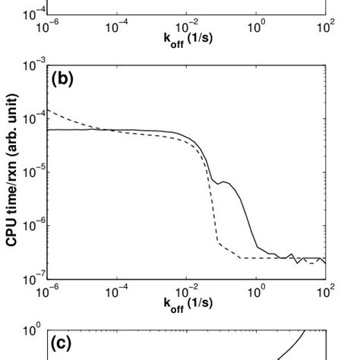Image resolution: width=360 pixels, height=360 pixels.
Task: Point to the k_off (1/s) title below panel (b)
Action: (188, 303)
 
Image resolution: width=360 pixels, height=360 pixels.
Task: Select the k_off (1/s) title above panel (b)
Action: (188, 36)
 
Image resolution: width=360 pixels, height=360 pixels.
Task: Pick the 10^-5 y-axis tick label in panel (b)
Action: (34, 172)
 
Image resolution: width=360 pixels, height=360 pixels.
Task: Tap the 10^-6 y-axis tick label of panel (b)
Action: (34, 226)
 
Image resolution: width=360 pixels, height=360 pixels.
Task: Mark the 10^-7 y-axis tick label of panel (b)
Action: (34, 278)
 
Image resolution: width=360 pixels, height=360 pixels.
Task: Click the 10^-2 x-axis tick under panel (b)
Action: (188, 291)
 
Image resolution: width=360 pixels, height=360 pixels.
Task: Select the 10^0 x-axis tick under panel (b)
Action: (257, 291)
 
